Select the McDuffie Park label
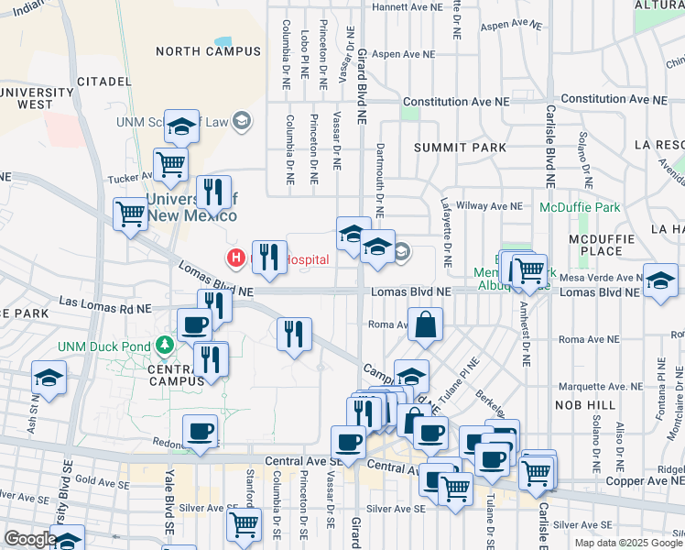[x=580, y=207]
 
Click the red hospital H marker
[x=234, y=258]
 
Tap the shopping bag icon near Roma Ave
[x=426, y=325]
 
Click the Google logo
[x=29, y=539]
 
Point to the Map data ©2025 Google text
[x=627, y=543]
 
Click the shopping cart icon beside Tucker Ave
[x=171, y=165]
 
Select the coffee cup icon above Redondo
[x=200, y=432]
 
